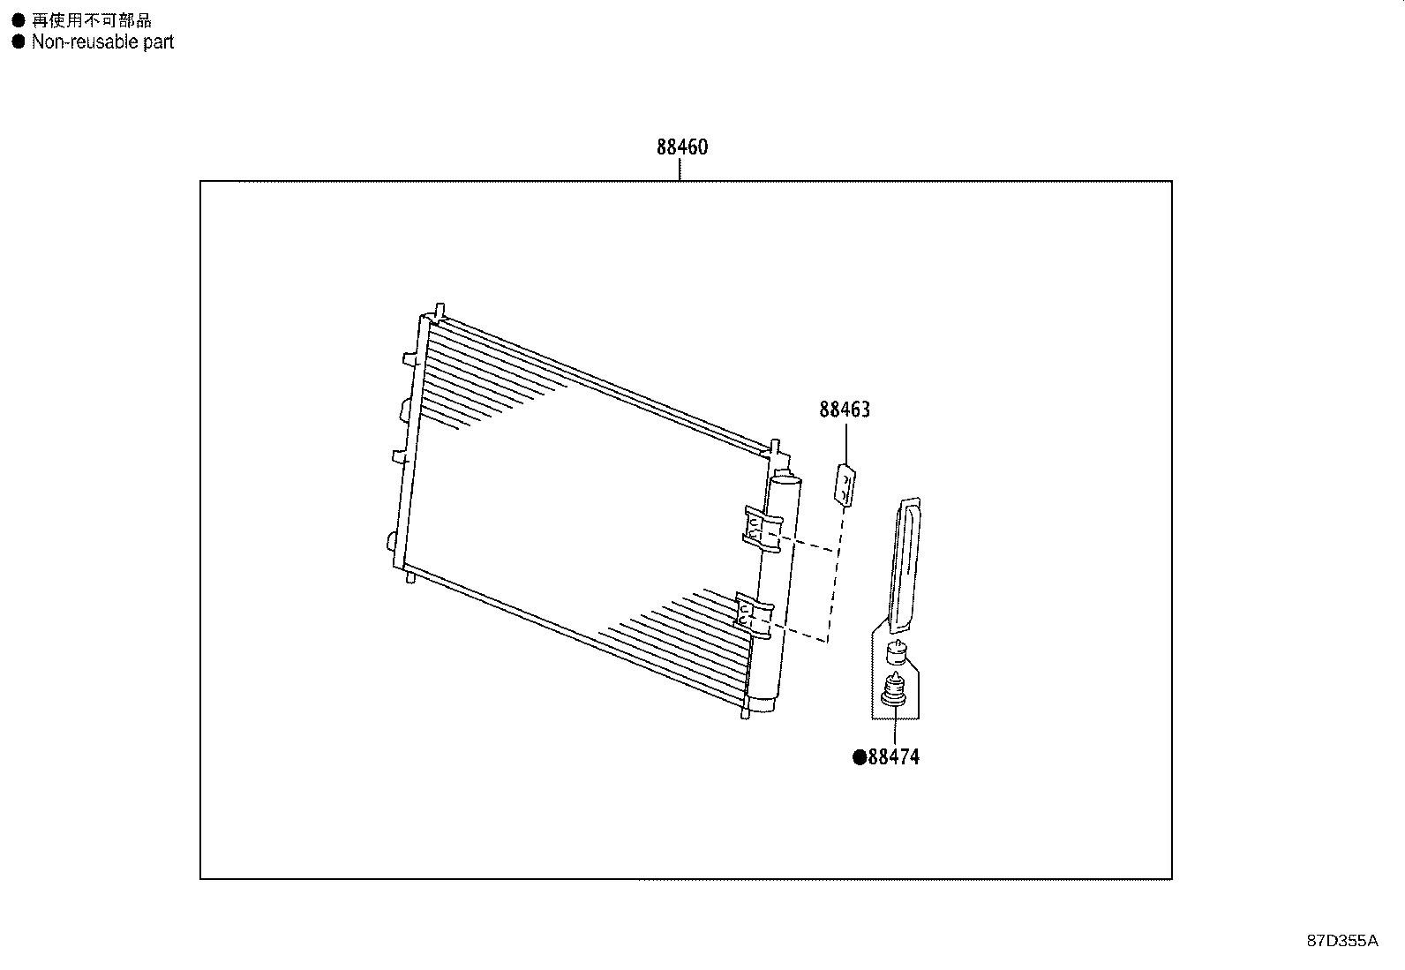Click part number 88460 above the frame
click(x=681, y=147)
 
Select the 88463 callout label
click(x=844, y=410)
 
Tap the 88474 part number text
click(x=893, y=757)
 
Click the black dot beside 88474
click(x=859, y=757)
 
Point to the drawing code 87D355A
click(x=1341, y=941)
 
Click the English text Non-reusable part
click(x=102, y=41)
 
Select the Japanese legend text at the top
click(x=91, y=20)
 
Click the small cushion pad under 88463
click(x=845, y=485)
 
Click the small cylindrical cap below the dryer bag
click(x=896, y=654)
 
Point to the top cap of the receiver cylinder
click(x=785, y=480)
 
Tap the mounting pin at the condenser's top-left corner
click(x=439, y=312)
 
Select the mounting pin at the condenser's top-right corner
click(x=774, y=447)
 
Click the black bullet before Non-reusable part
click(x=19, y=41)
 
